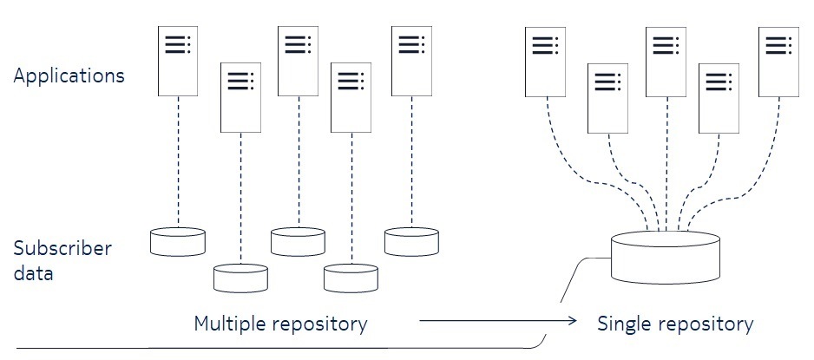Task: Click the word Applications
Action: (69, 75)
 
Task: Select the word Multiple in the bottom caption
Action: (227, 324)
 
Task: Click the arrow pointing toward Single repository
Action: (498, 322)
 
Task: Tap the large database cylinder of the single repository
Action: (666, 258)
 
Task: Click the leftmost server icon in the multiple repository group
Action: (178, 61)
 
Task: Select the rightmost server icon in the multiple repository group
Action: (412, 61)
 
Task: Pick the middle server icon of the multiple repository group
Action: (298, 61)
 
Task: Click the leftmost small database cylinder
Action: (177, 241)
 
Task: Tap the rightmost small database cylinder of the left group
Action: (412, 241)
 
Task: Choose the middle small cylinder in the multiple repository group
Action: (298, 241)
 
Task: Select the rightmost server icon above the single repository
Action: (778, 61)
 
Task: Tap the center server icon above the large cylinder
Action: (666, 61)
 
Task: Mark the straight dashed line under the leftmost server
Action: (178, 160)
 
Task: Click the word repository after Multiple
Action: (317, 325)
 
